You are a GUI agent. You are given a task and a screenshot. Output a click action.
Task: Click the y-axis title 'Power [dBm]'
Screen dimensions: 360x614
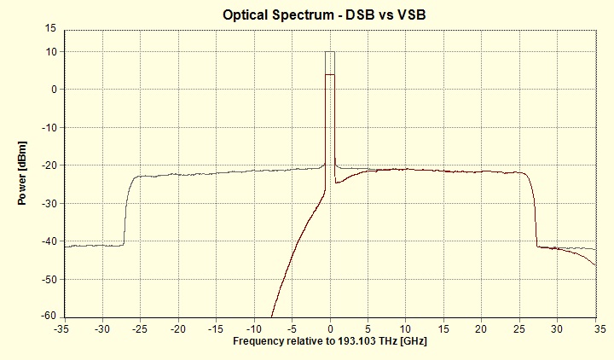click(x=23, y=171)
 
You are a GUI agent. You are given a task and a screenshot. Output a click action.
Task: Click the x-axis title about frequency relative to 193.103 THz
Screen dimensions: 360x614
click(x=329, y=340)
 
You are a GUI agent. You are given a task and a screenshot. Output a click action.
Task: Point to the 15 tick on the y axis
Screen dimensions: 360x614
click(x=50, y=28)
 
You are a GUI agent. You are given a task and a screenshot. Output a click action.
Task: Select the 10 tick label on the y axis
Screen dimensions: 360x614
click(x=50, y=52)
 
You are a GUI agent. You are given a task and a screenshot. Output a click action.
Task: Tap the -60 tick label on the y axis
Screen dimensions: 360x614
click(x=48, y=316)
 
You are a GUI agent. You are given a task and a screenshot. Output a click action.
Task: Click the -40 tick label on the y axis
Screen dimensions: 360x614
click(x=48, y=241)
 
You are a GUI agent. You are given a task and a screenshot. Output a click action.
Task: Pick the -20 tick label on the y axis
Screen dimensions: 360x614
click(x=48, y=165)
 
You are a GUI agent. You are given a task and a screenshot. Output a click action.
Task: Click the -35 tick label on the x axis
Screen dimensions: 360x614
click(x=62, y=328)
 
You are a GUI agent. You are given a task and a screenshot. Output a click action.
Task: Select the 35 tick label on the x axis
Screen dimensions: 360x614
click(x=595, y=328)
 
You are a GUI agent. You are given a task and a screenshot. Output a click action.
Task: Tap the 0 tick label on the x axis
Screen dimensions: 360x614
click(x=330, y=328)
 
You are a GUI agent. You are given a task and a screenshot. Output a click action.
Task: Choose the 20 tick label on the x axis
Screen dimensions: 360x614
click(x=482, y=328)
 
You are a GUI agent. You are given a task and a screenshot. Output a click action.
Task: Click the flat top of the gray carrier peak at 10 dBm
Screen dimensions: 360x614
click(x=330, y=51)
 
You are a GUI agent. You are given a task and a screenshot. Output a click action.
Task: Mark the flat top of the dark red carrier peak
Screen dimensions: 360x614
click(x=330, y=75)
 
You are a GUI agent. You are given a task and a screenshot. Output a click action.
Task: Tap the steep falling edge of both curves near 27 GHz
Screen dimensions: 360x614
click(x=535, y=213)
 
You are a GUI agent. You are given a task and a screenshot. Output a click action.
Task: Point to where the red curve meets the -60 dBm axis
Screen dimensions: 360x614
click(x=271, y=315)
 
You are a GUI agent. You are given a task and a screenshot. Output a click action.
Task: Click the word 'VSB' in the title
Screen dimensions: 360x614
click(x=423, y=15)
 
